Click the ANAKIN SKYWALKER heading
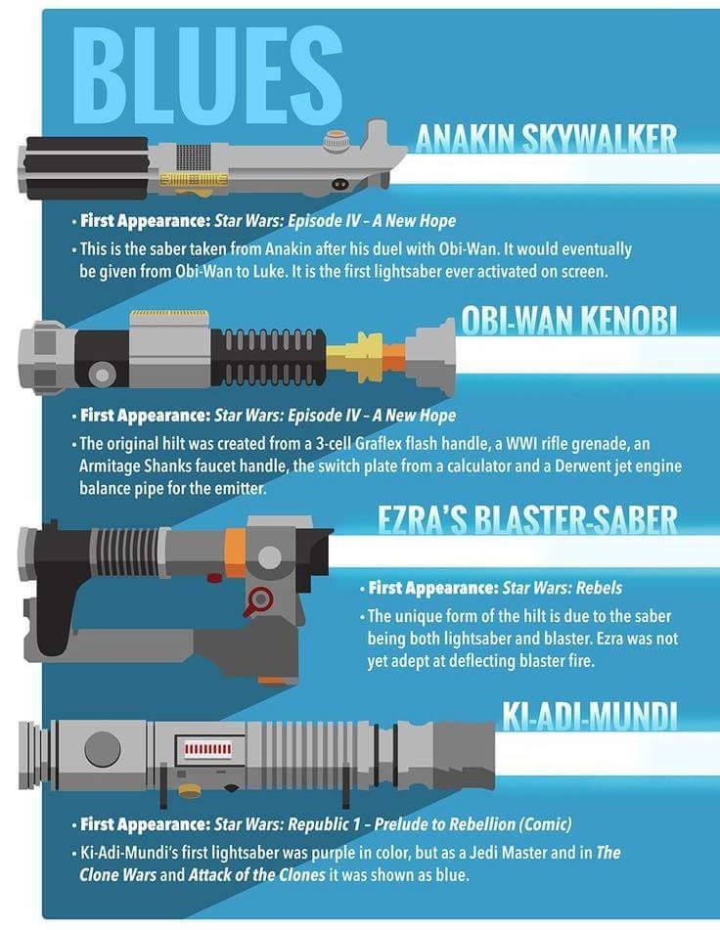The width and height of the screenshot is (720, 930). click(546, 139)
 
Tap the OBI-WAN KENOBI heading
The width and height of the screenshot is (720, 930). click(569, 321)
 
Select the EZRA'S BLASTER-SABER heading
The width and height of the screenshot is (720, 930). click(528, 520)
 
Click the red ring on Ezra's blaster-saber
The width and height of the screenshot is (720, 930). click(258, 600)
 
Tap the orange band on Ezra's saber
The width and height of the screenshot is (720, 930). click(235, 553)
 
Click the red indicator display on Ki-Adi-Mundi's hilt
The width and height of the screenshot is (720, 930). click(207, 748)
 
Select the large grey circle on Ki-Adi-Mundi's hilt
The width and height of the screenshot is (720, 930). click(103, 748)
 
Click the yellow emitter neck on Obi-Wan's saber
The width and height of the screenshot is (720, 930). click(355, 357)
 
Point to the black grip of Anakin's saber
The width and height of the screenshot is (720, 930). click(87, 168)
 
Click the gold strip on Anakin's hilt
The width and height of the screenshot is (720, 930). click(194, 179)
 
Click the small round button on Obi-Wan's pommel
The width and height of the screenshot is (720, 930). click(102, 375)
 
